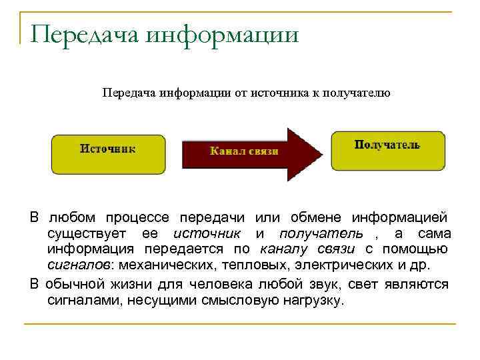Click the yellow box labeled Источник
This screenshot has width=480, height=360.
(x=108, y=154)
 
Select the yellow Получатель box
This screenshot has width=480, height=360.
(x=387, y=149)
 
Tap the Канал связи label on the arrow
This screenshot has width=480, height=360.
(x=244, y=151)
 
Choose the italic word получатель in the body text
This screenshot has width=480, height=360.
(x=321, y=233)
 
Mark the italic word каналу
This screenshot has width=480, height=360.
(x=287, y=249)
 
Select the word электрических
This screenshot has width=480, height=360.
(x=338, y=265)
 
